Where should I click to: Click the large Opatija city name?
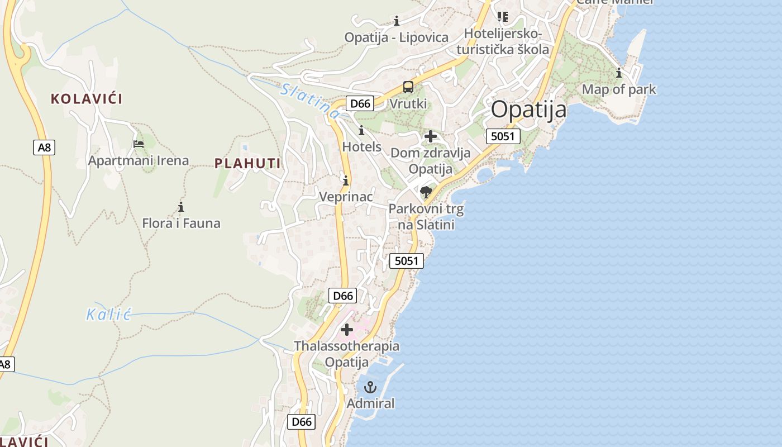(528, 110)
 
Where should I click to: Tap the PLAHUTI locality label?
(247, 164)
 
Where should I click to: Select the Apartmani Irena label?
(139, 161)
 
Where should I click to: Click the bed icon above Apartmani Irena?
(139, 144)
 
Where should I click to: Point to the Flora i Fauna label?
(181, 223)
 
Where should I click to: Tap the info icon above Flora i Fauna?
(180, 207)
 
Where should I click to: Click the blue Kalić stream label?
(108, 315)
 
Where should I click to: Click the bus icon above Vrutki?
(408, 87)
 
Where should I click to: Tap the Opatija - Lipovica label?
(396, 37)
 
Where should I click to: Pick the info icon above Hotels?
(361, 131)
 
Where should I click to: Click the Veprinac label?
(346, 197)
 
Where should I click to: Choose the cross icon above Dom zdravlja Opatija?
(430, 136)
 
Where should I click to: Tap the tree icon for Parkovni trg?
(426, 193)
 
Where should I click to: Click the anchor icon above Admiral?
(370, 387)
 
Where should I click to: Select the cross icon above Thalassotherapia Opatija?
(347, 330)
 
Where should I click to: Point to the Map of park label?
(619, 89)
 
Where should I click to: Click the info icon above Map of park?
(618, 73)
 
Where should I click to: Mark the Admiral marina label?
(370, 403)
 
